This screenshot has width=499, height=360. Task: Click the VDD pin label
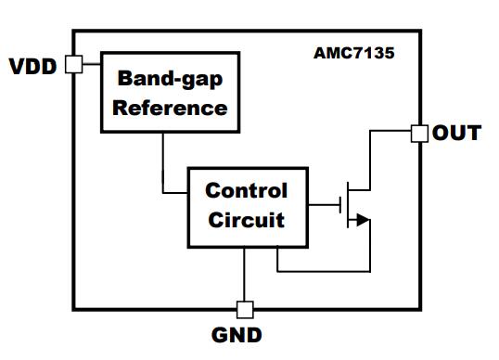pos(32,66)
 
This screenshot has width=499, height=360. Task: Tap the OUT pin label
pos(456,133)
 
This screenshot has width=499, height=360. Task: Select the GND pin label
pos(237,335)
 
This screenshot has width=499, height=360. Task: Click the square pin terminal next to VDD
pos(74,64)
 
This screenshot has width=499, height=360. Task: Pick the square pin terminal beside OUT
pos(419,134)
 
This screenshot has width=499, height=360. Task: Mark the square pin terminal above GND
pos(245,310)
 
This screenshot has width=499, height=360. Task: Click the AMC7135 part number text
pos(354,53)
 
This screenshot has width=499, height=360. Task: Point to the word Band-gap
pos(171,79)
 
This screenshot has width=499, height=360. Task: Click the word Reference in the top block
pos(171,109)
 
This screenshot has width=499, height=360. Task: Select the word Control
pos(247,190)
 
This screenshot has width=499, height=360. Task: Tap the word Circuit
pos(247,220)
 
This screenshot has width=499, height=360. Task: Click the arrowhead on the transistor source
pos(364,220)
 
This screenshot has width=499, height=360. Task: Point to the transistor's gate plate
pos(340,205)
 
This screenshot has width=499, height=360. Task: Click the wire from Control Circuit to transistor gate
pos(324,205)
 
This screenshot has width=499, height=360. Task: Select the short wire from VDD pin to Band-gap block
pos(92,64)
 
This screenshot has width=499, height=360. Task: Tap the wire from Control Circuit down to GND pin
pos(245,274)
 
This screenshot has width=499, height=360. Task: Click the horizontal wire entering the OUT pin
pos(390,131)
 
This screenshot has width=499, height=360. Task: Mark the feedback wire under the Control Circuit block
pos(324,272)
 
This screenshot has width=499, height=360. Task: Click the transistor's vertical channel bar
pos(348,205)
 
